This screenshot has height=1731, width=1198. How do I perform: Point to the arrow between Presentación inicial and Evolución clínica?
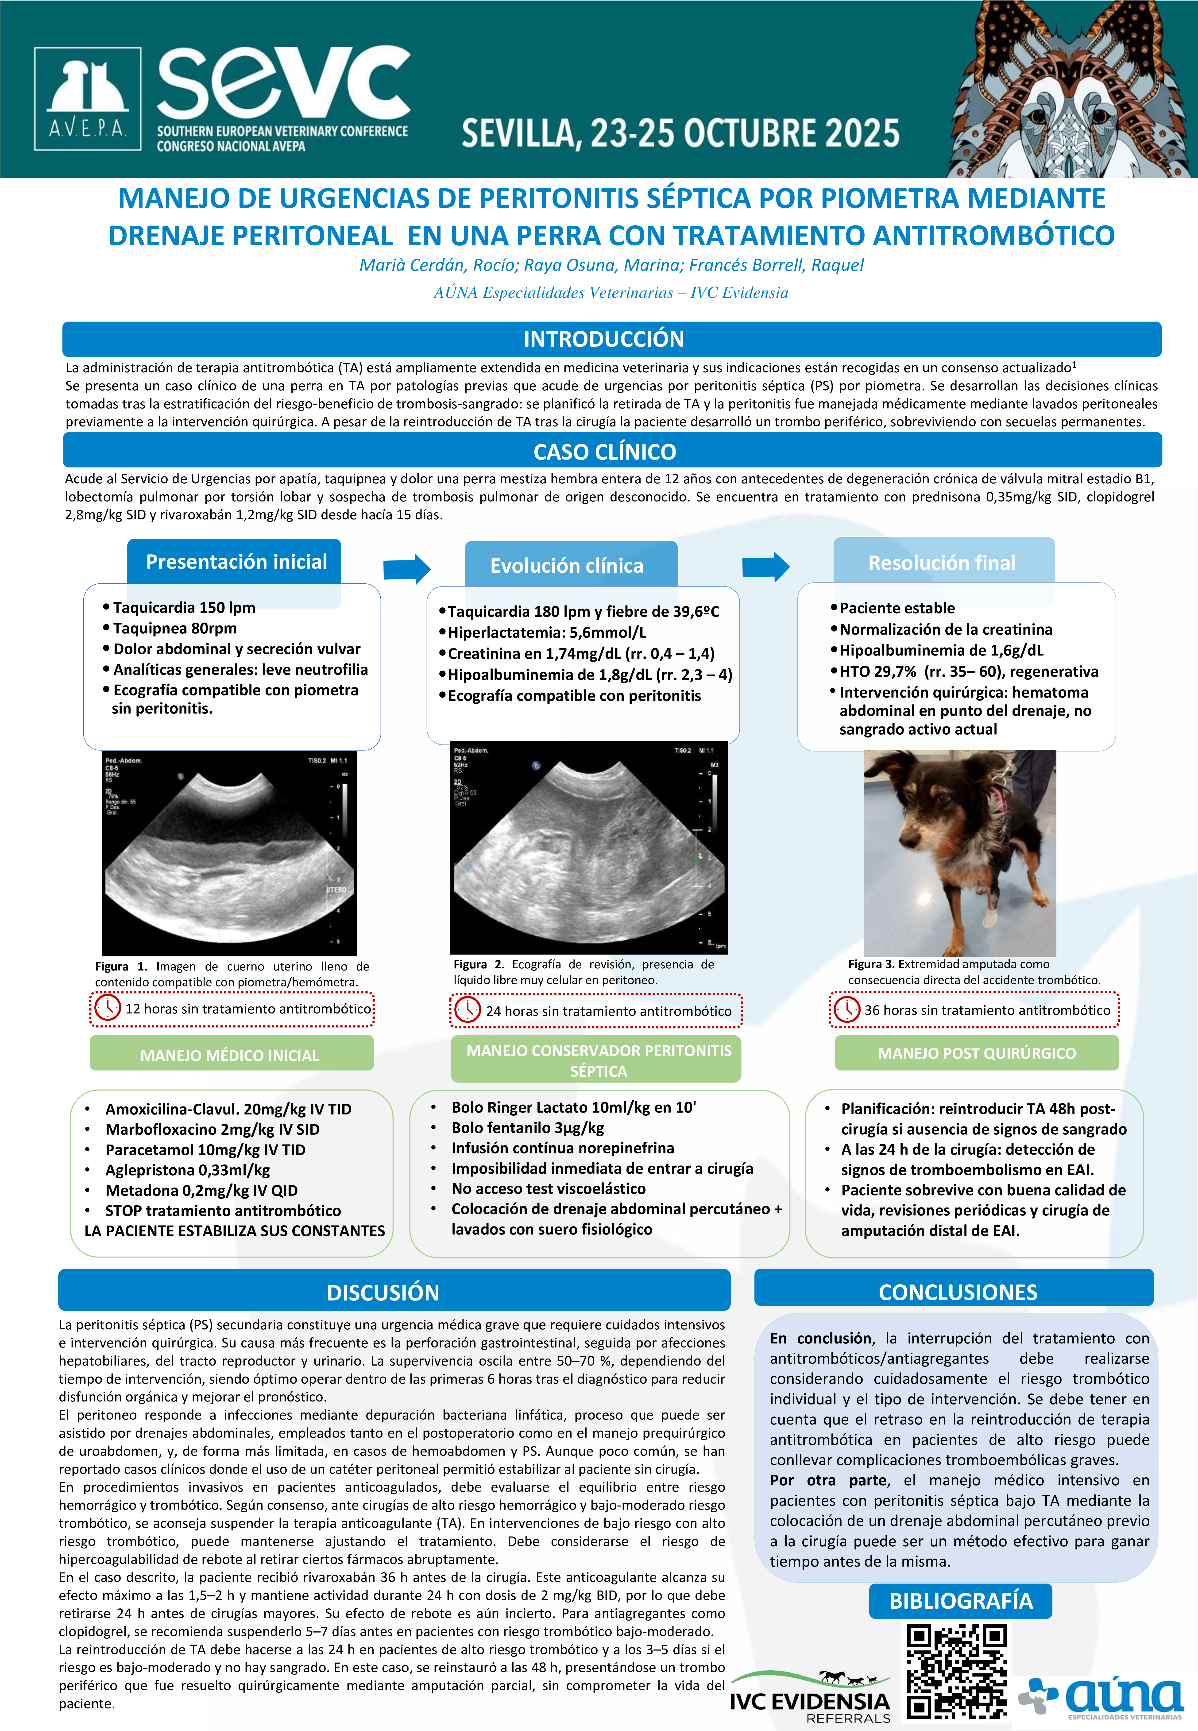tap(406, 569)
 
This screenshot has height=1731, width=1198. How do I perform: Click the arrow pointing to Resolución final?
tap(765, 567)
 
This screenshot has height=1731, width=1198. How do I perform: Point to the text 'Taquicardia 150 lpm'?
tap(184, 607)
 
